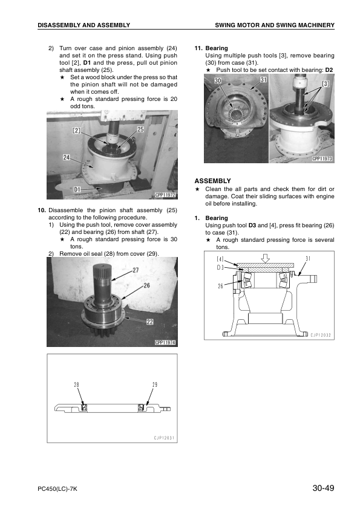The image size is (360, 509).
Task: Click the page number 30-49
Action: pyautogui.click(x=323, y=488)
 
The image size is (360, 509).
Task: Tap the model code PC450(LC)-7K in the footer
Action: pyautogui.click(x=57, y=489)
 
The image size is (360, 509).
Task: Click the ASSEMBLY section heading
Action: pyautogui.click(x=212, y=181)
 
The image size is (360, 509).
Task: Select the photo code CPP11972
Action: pyautogui.click(x=165, y=195)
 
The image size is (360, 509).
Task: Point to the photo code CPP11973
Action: pyautogui.click(x=322, y=159)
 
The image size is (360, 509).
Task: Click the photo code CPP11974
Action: pyautogui.click(x=165, y=343)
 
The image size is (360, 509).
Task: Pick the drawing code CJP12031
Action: pyautogui.click(x=164, y=438)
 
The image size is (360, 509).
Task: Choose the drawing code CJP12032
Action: pyautogui.click(x=321, y=335)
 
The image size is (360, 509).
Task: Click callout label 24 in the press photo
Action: pyautogui.click(x=67, y=157)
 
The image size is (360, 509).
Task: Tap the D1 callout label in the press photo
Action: pyautogui.click(x=77, y=189)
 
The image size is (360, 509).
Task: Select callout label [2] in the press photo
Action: pyautogui.click(x=77, y=131)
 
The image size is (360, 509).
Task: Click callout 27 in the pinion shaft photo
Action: pyautogui.click(x=136, y=270)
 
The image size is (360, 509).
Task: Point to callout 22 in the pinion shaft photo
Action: pyautogui.click(x=150, y=322)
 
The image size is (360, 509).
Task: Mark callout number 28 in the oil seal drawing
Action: pyautogui.click(x=77, y=384)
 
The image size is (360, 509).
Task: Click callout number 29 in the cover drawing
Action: pyautogui.click(x=155, y=384)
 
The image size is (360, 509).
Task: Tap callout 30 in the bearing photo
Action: pyautogui.click(x=217, y=80)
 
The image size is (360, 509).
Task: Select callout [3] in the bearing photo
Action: pyautogui.click(x=326, y=84)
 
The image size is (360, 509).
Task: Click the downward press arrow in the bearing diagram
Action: pyautogui.click(x=266, y=258)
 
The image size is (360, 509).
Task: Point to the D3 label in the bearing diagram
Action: pyautogui.click(x=220, y=267)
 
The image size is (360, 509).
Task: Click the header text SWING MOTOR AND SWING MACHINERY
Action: pyautogui.click(x=275, y=25)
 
